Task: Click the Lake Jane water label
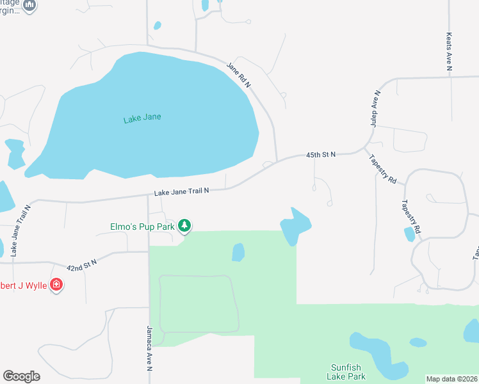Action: pos(142,117)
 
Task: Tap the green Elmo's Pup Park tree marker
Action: pos(184,225)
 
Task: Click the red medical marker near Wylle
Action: pos(56,284)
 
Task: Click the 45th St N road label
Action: pos(321,155)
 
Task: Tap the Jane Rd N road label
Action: pos(238,76)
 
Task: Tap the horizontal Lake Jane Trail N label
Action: pos(181,191)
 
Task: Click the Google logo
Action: pos(21,376)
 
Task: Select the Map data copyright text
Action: pos(451,378)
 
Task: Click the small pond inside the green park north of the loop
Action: pos(238,252)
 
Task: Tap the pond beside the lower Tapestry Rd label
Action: pos(409,234)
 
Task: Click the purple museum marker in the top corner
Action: pos(29,5)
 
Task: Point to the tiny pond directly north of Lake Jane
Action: pos(157,26)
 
